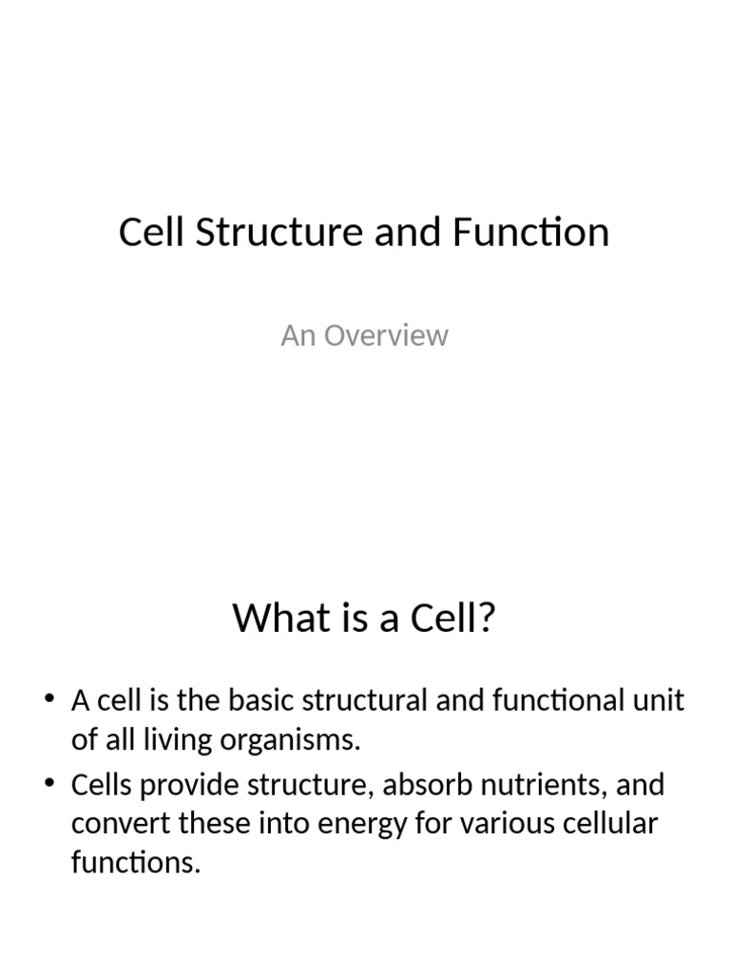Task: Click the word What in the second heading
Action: point(277,619)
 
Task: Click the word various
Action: point(501,824)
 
